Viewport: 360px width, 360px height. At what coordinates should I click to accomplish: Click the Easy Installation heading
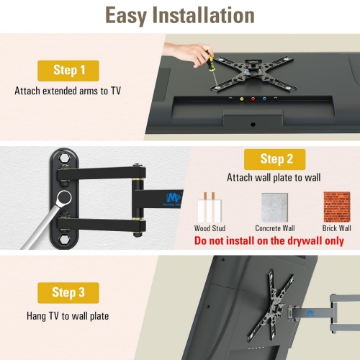point(179,16)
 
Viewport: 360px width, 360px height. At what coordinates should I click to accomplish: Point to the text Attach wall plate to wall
point(274,178)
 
